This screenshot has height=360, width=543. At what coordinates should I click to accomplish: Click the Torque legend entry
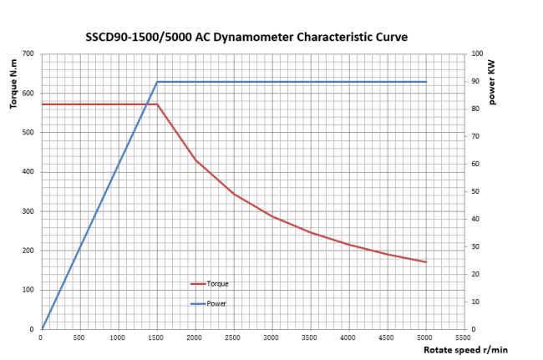[x=217, y=284]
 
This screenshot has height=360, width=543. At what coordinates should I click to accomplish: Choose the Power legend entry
[x=216, y=303]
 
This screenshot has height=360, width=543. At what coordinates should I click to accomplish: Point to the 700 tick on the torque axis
[x=28, y=53]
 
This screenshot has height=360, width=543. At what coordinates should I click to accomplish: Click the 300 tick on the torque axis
[x=28, y=211]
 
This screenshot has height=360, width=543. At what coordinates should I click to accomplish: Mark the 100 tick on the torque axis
[x=28, y=290]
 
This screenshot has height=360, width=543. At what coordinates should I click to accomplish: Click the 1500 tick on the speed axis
[x=156, y=337]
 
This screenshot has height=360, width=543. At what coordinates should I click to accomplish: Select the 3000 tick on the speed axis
[x=271, y=337]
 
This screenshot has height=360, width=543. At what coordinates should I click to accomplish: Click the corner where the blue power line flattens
[x=157, y=82]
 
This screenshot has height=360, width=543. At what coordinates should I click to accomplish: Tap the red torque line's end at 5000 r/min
[x=426, y=262]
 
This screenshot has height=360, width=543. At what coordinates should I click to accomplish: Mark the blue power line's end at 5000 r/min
[x=426, y=82]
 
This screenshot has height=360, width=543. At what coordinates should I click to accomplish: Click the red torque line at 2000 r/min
[x=195, y=160]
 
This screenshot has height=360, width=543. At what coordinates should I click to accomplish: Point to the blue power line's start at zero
[x=42, y=329]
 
